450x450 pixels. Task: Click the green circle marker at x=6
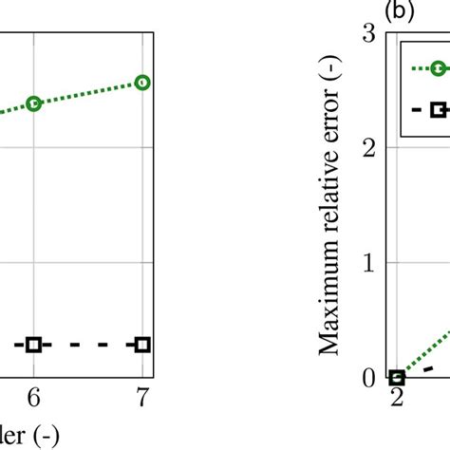coord(34,103)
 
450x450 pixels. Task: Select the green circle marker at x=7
coord(142,83)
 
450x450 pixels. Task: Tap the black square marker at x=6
coord(34,344)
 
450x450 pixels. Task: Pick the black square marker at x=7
coord(142,344)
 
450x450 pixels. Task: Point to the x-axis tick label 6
coord(34,399)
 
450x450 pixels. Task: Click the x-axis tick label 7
coord(142,399)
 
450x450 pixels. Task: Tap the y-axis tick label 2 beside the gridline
coord(368,147)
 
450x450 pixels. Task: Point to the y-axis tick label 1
coord(368,262)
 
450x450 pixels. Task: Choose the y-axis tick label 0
coord(368,378)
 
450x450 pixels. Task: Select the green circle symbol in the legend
coord(438,68)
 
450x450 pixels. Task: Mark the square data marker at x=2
coord(397,378)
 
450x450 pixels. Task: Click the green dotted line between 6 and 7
coord(88,92)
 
